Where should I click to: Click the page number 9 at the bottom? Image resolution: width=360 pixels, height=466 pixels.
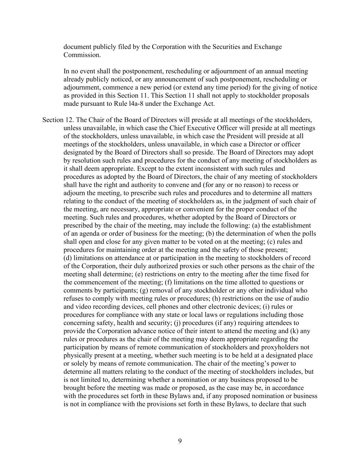180,441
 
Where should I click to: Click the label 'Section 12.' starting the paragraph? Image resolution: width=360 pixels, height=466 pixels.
58,120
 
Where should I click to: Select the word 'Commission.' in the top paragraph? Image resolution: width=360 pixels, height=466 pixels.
82,55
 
